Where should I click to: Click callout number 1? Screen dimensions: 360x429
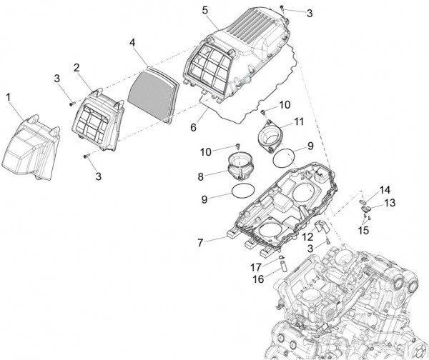pyautogui.click(x=9, y=96)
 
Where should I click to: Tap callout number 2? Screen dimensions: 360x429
pyautogui.click(x=76, y=67)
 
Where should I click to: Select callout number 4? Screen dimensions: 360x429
pyautogui.click(x=132, y=43)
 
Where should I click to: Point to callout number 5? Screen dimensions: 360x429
pyautogui.click(x=204, y=10)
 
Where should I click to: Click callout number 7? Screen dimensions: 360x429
pyautogui.click(x=201, y=243)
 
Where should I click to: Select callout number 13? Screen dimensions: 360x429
pyautogui.click(x=391, y=203)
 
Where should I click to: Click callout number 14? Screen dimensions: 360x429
pyautogui.click(x=385, y=190)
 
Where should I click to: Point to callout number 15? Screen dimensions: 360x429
pyautogui.click(x=363, y=231)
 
